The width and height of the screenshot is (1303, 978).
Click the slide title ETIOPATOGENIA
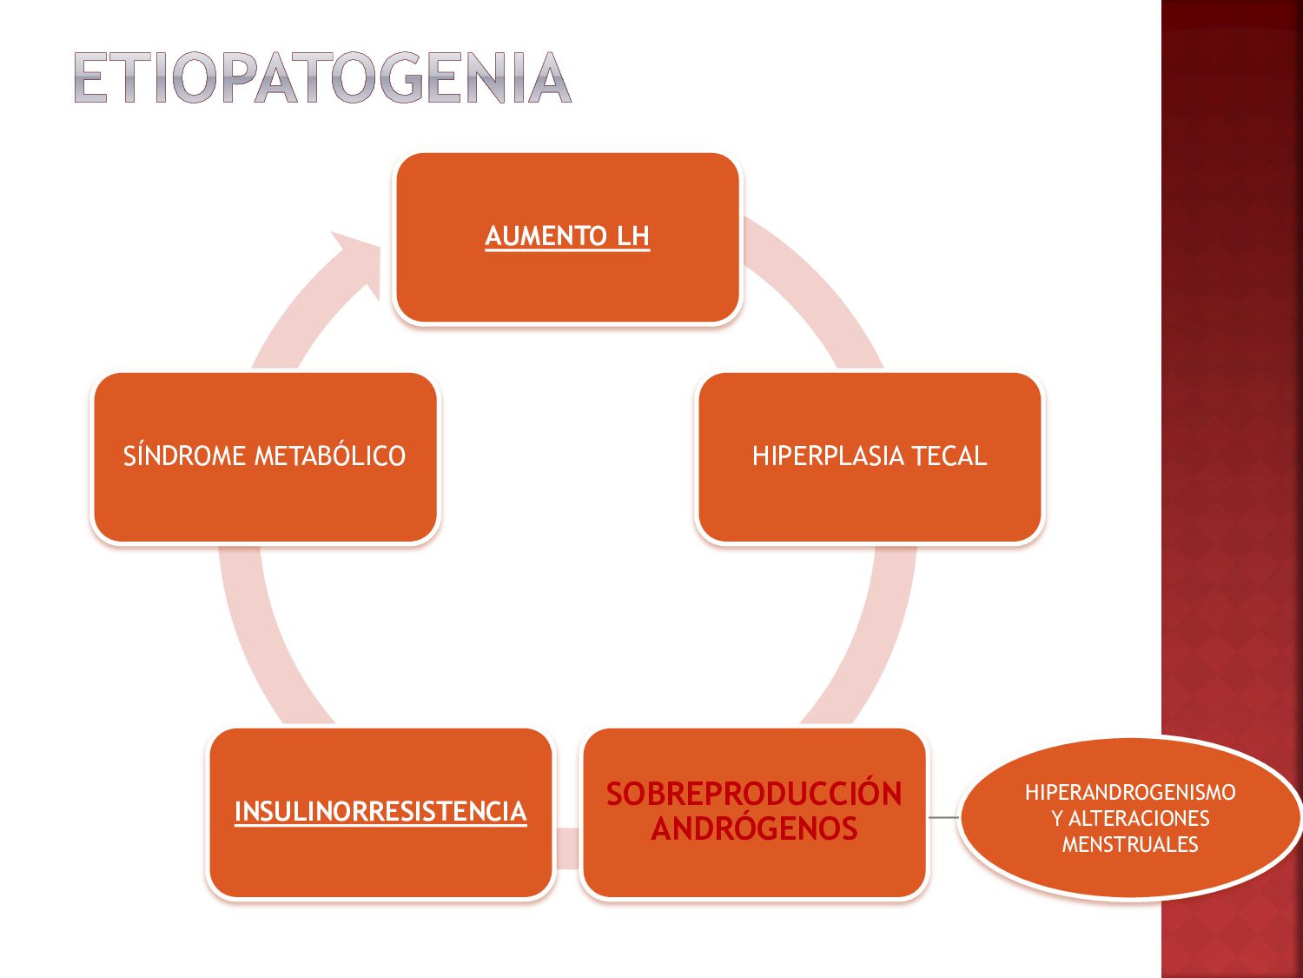(x=322, y=78)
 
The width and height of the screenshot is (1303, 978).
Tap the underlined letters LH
(x=633, y=236)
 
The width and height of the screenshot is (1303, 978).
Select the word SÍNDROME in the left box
(x=184, y=456)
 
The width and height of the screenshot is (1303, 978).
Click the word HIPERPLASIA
(x=828, y=456)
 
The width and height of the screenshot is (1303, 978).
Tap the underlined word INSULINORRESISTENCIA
(x=380, y=811)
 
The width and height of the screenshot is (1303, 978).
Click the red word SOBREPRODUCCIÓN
(x=754, y=794)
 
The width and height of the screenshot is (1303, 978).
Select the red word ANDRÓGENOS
(x=754, y=829)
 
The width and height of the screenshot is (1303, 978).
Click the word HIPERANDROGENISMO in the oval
(x=1129, y=792)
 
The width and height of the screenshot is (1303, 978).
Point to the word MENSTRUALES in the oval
(x=1129, y=844)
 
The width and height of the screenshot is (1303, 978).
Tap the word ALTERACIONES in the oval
(x=1139, y=818)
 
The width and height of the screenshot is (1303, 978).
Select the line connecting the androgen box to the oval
(x=943, y=817)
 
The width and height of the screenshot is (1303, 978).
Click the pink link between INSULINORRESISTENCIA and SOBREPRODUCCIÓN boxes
(x=567, y=848)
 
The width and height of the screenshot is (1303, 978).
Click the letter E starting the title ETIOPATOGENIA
(x=90, y=78)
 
